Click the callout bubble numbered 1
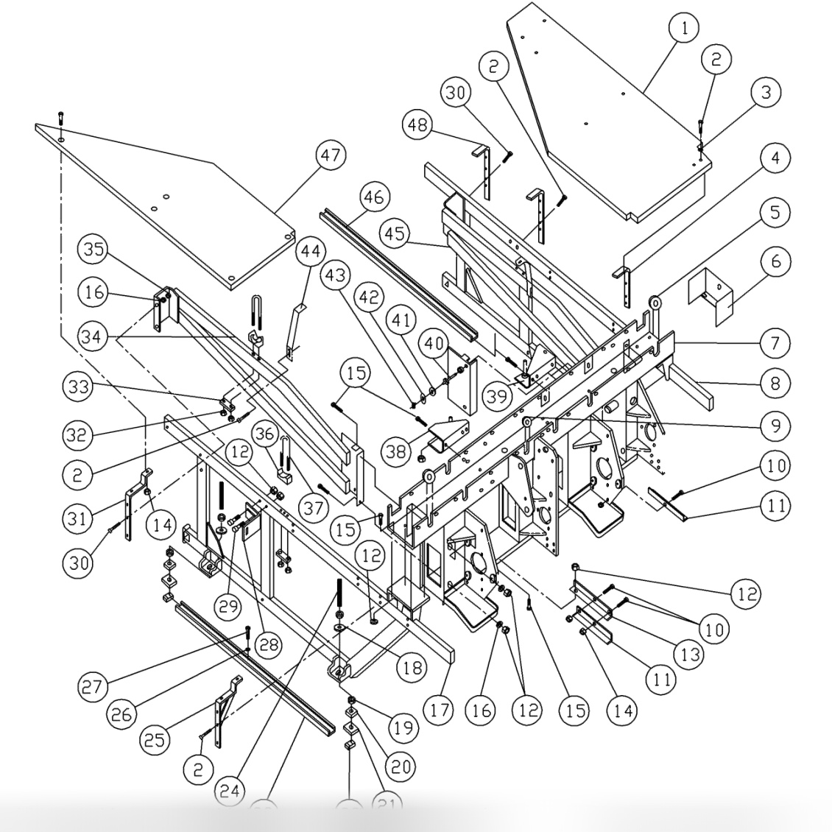coord(684,29)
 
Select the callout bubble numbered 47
coord(329,156)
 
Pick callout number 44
coord(311,251)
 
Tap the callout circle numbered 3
coord(766,93)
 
